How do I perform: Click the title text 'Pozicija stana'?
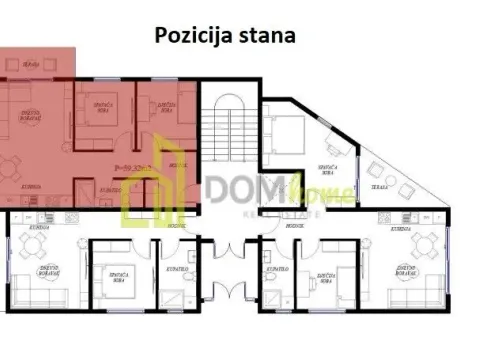coord(224,36)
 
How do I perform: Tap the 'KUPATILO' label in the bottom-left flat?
coord(171,273)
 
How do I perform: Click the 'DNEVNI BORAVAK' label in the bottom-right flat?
coord(406,269)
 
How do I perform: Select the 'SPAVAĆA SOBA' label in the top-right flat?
coord(326,170)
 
